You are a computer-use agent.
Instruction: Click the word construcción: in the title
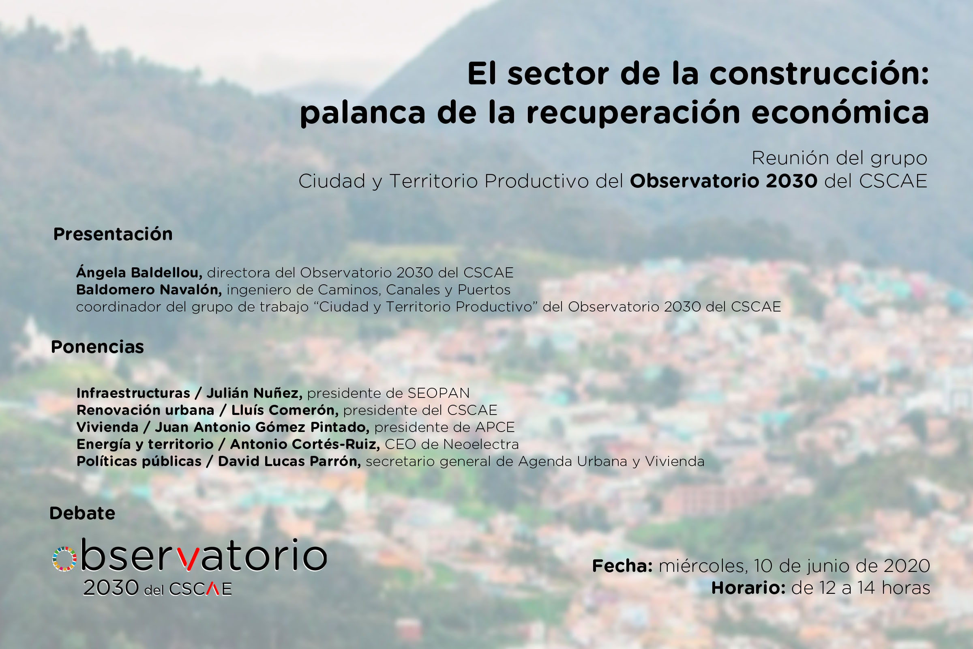coord(819,73)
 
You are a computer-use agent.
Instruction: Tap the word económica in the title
coord(840,112)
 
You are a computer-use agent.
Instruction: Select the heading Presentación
coord(113,234)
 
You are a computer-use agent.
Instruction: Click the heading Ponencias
coord(98,347)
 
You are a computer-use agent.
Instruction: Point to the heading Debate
coord(82,513)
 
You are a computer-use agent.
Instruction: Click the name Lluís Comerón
coord(285,410)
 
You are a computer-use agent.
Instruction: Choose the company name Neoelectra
coord(481,444)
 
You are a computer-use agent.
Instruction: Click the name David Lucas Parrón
coord(289,461)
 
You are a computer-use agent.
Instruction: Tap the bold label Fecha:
coord(623,566)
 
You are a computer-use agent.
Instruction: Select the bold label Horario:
coord(748,588)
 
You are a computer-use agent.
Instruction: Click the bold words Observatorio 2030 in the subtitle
coord(724,181)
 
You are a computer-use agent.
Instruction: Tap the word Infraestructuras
coord(133,393)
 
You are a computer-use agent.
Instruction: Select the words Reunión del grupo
coord(839,158)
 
